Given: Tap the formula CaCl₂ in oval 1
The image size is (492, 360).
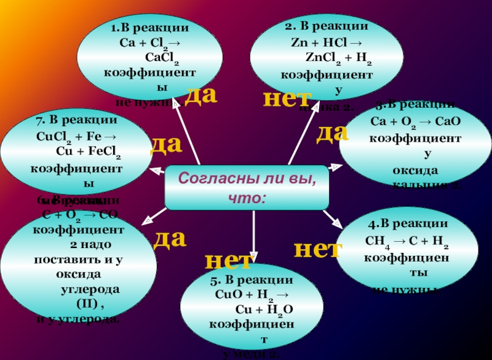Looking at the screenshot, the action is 162,58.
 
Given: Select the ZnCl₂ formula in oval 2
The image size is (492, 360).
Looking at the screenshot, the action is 319,58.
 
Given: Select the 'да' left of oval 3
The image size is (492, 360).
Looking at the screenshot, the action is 333,133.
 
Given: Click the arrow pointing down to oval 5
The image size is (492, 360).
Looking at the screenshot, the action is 253,243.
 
